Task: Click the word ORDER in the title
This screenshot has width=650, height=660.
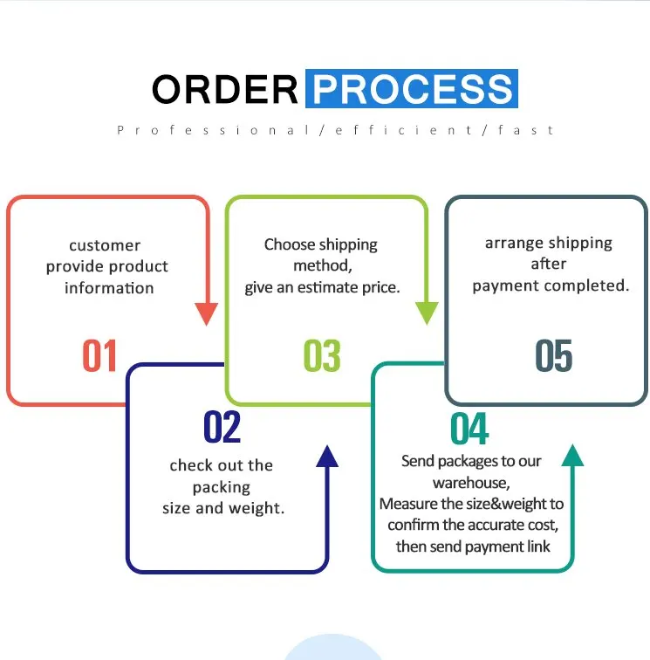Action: point(225,90)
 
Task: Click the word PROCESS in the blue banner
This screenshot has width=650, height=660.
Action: point(412,90)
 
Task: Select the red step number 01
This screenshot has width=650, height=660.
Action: point(99,356)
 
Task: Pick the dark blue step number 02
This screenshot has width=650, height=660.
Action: point(222,427)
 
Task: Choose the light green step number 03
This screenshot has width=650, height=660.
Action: point(321,356)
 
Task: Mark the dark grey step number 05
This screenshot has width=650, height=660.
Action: point(553,356)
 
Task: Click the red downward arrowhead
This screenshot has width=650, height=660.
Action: point(207,313)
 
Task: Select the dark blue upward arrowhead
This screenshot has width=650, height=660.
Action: point(327,456)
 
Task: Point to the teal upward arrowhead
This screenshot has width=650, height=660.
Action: point(572,456)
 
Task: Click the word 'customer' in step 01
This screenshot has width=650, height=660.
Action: point(105,245)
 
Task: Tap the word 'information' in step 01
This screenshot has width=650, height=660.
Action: point(109,288)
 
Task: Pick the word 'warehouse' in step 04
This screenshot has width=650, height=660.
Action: point(470,483)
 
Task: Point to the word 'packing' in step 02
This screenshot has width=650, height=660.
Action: point(222,487)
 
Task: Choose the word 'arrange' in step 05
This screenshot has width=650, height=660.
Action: point(516,243)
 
